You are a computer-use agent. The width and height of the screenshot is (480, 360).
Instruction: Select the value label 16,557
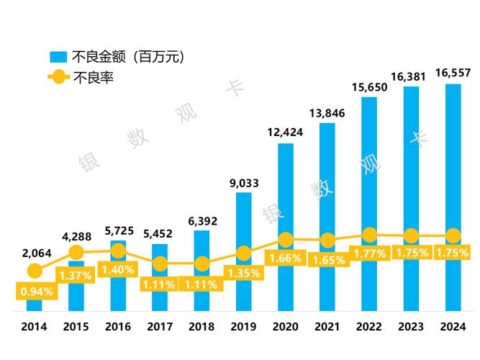tap(453, 72)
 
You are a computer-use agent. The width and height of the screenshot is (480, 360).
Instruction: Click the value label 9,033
tap(244, 182)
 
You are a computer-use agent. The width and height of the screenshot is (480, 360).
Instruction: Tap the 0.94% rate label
tap(34, 292)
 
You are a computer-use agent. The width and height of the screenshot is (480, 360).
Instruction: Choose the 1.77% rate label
tap(369, 253)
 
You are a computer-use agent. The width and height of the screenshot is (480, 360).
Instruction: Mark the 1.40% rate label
tap(118, 269)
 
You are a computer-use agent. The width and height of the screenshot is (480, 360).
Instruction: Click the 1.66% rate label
tap(286, 258)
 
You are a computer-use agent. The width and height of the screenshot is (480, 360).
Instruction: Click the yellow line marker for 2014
tap(34, 271)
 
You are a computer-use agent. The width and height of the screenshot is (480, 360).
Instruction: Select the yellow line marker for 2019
tap(244, 253)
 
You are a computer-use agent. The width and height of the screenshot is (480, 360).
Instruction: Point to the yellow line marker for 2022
tap(369, 235)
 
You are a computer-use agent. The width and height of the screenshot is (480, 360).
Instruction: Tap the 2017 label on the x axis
tap(160, 327)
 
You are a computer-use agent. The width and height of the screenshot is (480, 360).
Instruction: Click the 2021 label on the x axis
tap(327, 327)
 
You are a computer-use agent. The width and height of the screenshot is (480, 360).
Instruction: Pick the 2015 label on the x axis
tap(76, 327)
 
